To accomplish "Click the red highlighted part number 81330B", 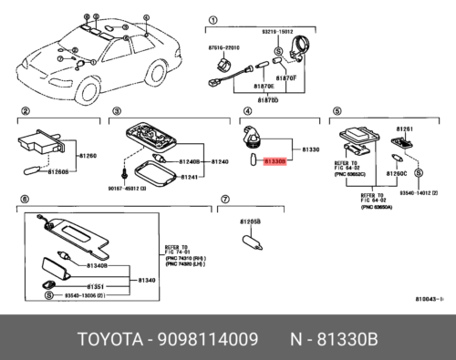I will coord(275,160).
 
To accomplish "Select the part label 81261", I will coord(405,129).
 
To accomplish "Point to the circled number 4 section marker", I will coord(245,111).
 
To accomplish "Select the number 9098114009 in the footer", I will coord(213,340).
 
